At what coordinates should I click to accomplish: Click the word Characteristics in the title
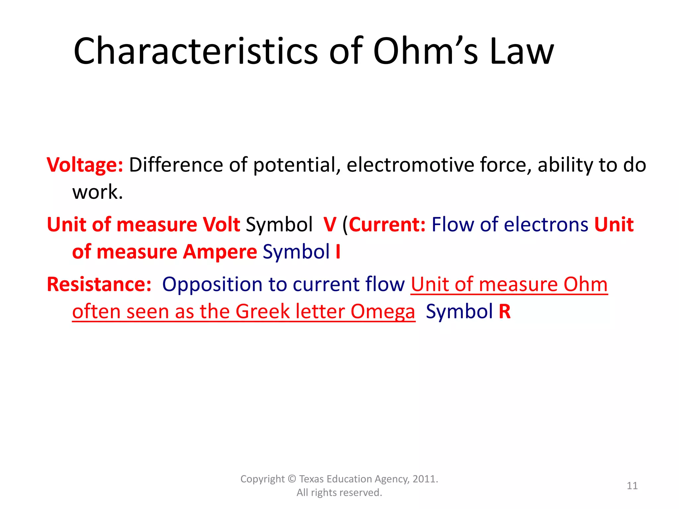click(196, 51)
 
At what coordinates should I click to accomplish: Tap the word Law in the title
click(521, 51)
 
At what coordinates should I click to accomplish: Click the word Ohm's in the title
click(426, 51)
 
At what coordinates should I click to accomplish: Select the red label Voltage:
click(85, 165)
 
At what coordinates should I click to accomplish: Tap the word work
click(97, 192)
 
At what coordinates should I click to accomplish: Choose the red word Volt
click(221, 224)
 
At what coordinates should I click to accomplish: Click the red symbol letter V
click(330, 224)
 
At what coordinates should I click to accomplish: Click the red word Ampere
click(220, 252)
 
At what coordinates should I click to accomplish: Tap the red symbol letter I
click(338, 252)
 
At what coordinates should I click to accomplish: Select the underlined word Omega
click(383, 312)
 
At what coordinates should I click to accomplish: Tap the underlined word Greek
click(263, 311)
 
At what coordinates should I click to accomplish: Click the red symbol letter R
click(505, 311)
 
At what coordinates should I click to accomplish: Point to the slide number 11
click(632, 485)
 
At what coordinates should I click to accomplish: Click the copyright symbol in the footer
click(292, 479)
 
